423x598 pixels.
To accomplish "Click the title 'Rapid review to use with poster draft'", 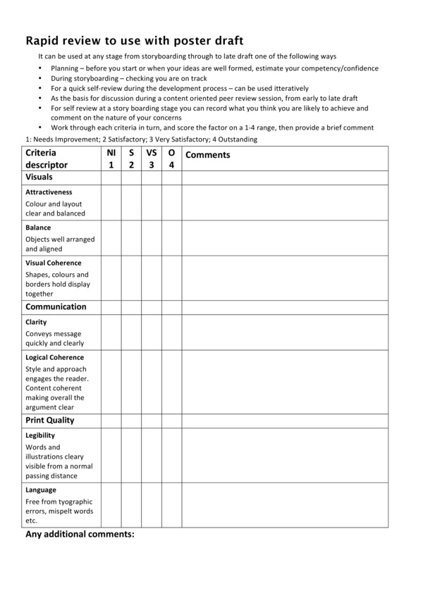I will pyautogui.click(x=135, y=41).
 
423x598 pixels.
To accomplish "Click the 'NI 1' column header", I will pyautogui.click(x=111, y=158).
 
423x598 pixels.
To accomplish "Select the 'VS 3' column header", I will pyautogui.click(x=151, y=158).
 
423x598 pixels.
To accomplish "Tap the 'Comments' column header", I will pyautogui.click(x=207, y=155).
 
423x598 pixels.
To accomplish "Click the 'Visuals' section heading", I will pyautogui.click(x=39, y=177).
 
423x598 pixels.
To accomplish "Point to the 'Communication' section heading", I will pyautogui.click(x=56, y=307).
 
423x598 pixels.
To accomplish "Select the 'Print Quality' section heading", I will pyautogui.click(x=50, y=421).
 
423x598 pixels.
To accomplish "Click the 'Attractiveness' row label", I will pyautogui.click(x=49, y=192).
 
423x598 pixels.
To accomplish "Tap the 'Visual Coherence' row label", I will pyautogui.click(x=54, y=263).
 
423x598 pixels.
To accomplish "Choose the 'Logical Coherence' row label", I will pyautogui.click(x=54, y=357).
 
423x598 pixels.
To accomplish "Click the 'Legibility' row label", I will pyautogui.click(x=40, y=435).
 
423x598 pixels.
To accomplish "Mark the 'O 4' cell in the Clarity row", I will pyautogui.click(x=171, y=332).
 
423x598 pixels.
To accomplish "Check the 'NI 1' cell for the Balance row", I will pyautogui.click(x=111, y=238).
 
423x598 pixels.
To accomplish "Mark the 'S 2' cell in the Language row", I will pyautogui.click(x=131, y=505).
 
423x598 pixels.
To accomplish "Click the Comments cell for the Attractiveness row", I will pyautogui.click(x=285, y=203).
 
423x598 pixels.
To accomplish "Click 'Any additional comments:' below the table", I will pyautogui.click(x=80, y=535).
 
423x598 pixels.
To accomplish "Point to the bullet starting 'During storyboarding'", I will pyautogui.click(x=129, y=79).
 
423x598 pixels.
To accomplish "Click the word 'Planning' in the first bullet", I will pyautogui.click(x=65, y=68).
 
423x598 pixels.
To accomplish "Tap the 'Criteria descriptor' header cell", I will pyautogui.click(x=47, y=158).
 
